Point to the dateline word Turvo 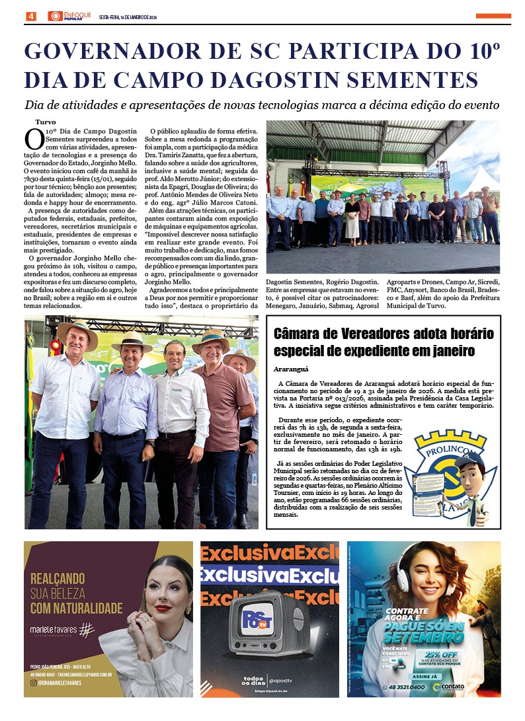[x=46, y=122]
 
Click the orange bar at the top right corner [x=493, y=16]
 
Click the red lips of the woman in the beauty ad [x=163, y=607]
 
